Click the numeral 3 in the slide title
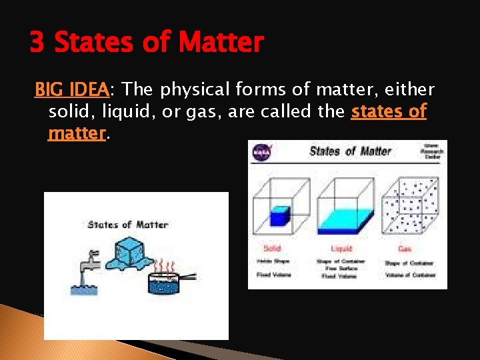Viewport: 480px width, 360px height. point(37,43)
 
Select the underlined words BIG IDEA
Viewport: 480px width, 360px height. point(72,89)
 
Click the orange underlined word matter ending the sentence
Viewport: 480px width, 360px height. point(77,133)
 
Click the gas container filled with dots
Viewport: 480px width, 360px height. point(413,207)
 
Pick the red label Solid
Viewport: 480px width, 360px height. point(272,248)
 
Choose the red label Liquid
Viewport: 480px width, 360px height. point(342,248)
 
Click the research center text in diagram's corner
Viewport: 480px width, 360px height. point(433,153)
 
